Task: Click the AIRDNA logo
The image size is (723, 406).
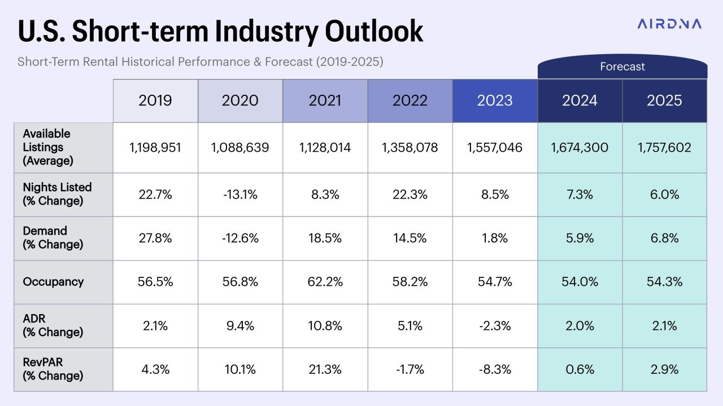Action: pyautogui.click(x=669, y=24)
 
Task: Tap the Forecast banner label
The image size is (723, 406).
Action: pyautogui.click(x=622, y=67)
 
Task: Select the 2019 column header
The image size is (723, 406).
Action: pyautogui.click(x=155, y=100)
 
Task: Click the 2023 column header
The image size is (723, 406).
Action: pyautogui.click(x=495, y=100)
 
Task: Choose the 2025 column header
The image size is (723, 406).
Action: pyautogui.click(x=664, y=100)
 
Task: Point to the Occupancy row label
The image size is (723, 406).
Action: pyautogui.click(x=53, y=282)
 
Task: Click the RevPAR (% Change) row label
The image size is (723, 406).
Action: pyautogui.click(x=53, y=369)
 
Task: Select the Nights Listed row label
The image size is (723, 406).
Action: pyautogui.click(x=57, y=194)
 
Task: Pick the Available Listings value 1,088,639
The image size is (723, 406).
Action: pyautogui.click(x=240, y=148)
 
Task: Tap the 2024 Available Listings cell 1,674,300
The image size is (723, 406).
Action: pyautogui.click(x=580, y=148)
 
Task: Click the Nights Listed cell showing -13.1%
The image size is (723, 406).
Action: pyautogui.click(x=240, y=195)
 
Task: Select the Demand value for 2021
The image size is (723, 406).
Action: pyautogui.click(x=325, y=238)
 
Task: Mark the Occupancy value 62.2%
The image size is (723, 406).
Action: pyautogui.click(x=325, y=282)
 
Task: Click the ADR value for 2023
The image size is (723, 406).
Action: pyautogui.click(x=495, y=326)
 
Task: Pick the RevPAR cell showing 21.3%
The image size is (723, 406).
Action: pyautogui.click(x=325, y=370)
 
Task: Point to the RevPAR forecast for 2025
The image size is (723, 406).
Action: pyautogui.click(x=664, y=370)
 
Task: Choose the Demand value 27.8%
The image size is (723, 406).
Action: pyautogui.click(x=155, y=238)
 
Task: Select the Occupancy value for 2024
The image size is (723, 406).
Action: pyautogui.click(x=580, y=282)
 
